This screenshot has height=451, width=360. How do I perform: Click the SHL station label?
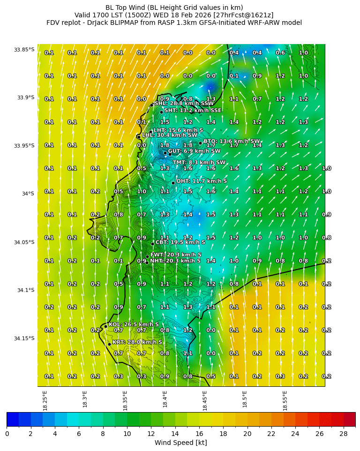point(184,104)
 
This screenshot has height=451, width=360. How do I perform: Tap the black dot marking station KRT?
point(109,344)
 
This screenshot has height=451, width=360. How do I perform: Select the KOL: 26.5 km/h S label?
point(134,324)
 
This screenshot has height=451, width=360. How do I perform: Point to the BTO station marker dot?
point(200,143)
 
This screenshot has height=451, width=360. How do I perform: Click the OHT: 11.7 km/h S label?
point(202,181)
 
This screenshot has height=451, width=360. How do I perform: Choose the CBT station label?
point(180,242)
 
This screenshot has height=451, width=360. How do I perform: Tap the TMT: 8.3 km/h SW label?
point(199,163)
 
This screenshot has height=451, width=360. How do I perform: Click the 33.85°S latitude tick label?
point(24,50)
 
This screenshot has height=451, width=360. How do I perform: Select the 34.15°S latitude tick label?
point(24,338)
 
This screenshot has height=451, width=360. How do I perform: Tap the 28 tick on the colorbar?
point(343,434)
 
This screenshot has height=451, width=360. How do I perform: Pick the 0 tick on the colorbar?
point(7,434)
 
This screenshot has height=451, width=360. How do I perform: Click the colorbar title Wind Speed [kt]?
point(180,443)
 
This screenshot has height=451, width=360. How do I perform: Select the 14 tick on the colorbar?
point(175,434)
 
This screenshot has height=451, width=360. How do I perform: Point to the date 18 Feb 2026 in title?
point(183,15)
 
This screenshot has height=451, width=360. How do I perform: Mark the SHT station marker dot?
point(161,112)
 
